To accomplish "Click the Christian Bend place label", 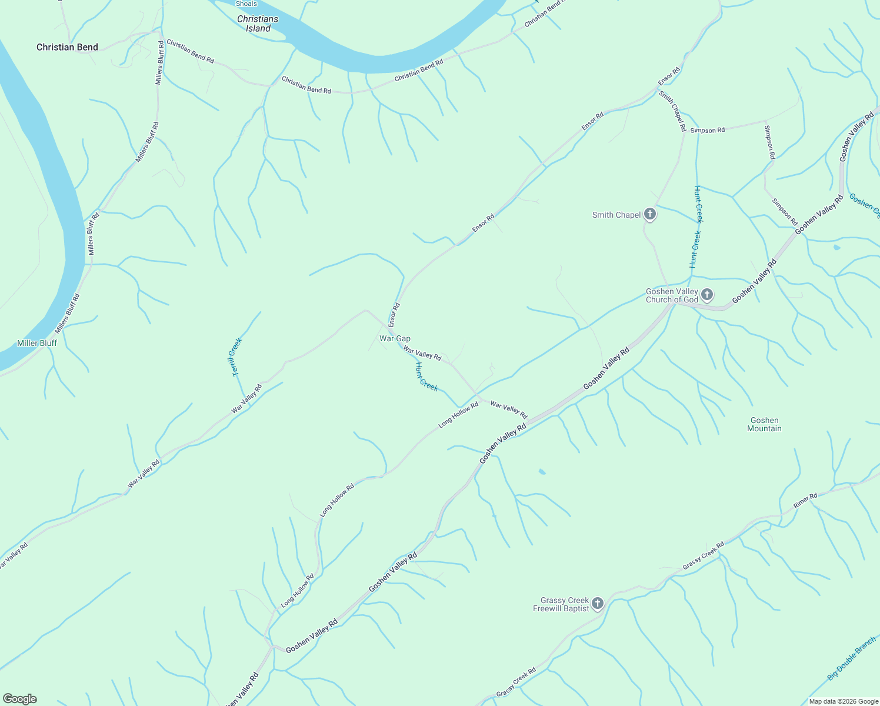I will [67, 47].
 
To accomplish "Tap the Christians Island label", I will [258, 24].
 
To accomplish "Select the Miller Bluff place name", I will [37, 343].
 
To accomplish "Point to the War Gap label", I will [395, 338].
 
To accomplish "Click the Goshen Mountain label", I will [764, 424].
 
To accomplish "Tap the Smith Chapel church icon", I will [650, 214].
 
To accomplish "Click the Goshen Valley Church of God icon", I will [707, 294].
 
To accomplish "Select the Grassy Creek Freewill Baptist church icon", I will [598, 603].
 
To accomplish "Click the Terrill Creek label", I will [237, 357].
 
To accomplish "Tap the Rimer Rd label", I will [805, 501].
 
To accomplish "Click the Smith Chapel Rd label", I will [672, 111].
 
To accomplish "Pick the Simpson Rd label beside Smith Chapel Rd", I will [708, 130].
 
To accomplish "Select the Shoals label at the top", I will [246, 4].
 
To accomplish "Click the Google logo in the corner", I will [19, 699].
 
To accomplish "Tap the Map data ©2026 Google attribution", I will [843, 701].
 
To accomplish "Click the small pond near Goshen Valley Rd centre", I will [542, 472].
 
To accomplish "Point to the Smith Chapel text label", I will [616, 215].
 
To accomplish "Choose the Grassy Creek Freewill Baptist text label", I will [561, 604].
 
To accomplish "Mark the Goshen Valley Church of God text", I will [672, 295].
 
